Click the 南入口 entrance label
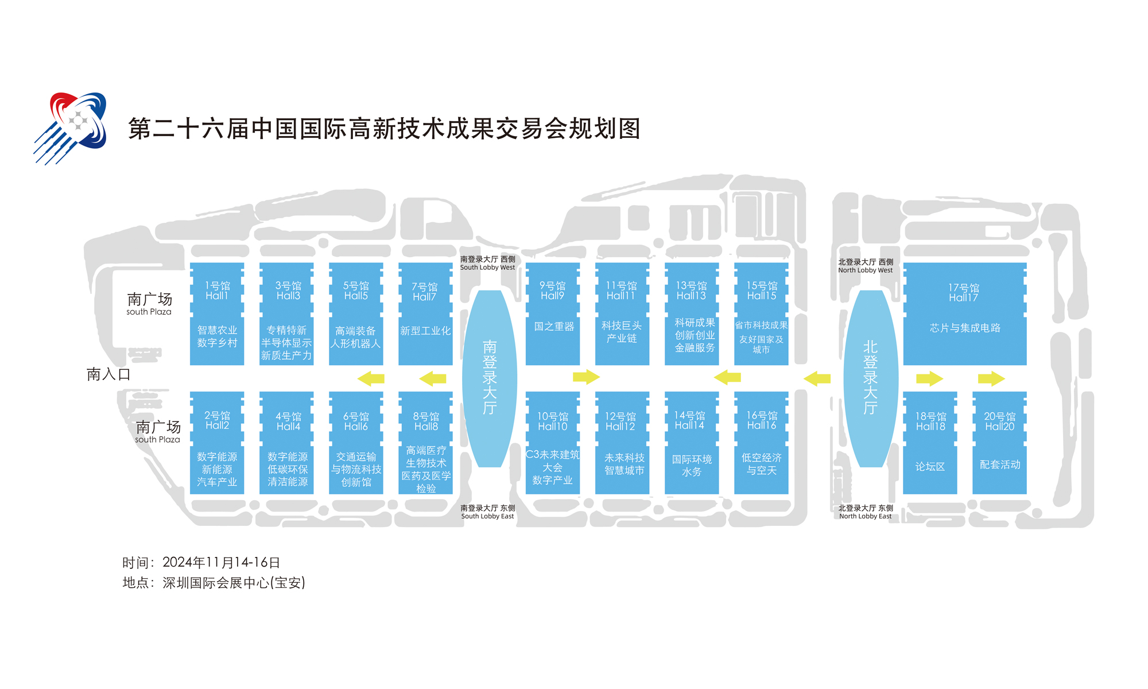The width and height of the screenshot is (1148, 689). tap(108, 374)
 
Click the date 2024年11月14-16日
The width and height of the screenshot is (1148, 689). tap(221, 563)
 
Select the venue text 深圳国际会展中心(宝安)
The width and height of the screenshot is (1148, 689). tap(234, 583)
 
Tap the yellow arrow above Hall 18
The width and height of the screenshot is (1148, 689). tap(929, 378)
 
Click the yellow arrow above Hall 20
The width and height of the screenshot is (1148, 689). tap(991, 378)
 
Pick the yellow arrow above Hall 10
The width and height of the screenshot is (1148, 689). tap(586, 377)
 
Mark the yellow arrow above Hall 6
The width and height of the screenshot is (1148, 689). tap(371, 378)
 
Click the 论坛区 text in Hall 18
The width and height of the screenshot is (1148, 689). tap(930, 467)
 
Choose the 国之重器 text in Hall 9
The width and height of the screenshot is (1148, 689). tap(554, 327)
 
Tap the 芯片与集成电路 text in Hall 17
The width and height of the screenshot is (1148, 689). tap(965, 328)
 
